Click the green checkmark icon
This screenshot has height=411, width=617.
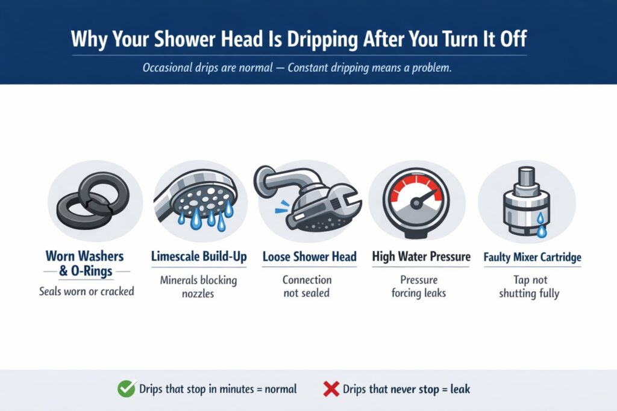(x=126, y=389)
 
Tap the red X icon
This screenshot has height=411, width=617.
(x=331, y=389)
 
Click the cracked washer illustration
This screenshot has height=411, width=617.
(x=95, y=202)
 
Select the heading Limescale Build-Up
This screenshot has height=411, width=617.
(x=199, y=257)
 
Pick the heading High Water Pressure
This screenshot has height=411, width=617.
(x=421, y=257)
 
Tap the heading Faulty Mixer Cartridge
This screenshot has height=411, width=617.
(x=532, y=258)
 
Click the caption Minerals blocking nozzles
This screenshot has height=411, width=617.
(x=199, y=287)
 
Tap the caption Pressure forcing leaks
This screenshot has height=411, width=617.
(x=418, y=287)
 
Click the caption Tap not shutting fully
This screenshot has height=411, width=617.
(x=529, y=287)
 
